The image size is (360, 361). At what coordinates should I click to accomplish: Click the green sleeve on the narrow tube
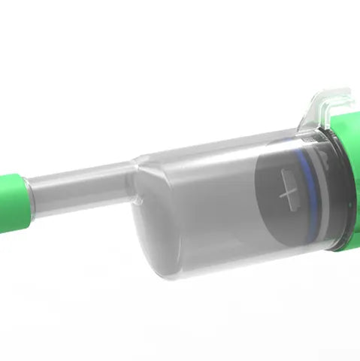[x=11, y=202]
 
